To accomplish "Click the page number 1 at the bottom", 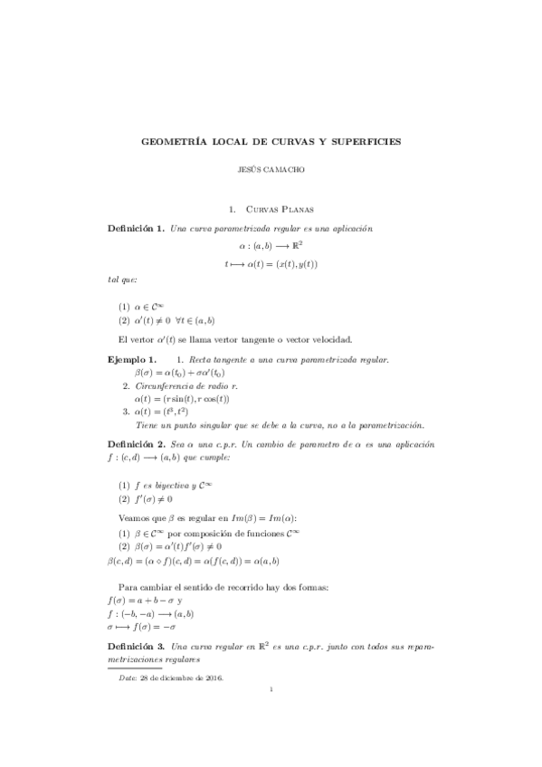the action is [271, 715].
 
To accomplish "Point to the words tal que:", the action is [120, 281].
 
